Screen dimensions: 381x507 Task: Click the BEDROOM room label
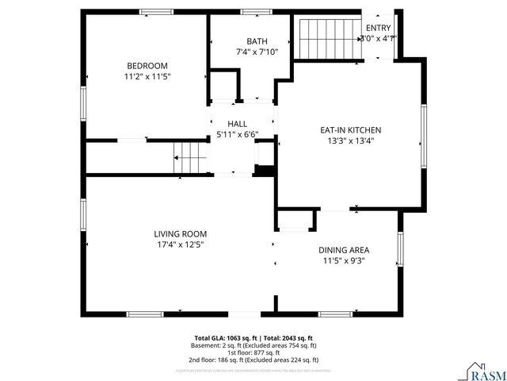[x=147, y=65]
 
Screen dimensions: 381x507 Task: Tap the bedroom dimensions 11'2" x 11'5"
[x=147, y=76]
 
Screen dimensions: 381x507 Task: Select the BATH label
[x=257, y=41]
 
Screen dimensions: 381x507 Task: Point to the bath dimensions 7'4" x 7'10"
[x=257, y=52]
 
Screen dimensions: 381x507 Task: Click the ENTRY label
[x=378, y=27]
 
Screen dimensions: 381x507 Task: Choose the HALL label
[x=237, y=124]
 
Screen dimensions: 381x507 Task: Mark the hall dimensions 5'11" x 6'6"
[x=237, y=134]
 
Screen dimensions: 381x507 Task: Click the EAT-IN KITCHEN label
[x=351, y=129]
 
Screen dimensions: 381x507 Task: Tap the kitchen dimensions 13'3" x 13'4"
[x=351, y=140]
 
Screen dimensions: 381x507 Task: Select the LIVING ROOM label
[x=180, y=233]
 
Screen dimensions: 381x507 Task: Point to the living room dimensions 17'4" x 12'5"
[x=180, y=244]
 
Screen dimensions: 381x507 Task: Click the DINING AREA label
[x=343, y=248]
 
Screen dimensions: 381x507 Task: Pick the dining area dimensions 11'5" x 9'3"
[x=343, y=260]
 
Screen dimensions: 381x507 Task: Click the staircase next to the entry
[x=328, y=37]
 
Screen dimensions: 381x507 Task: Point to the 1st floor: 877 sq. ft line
[x=253, y=352]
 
